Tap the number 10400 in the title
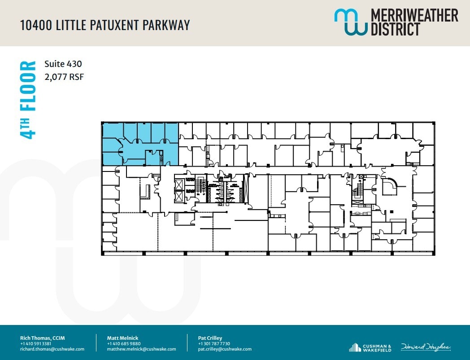[35, 25]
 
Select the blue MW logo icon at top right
[350, 22]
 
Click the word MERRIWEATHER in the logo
[414, 15]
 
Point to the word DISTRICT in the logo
[395, 29]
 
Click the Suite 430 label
[63, 64]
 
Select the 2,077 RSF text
[64, 77]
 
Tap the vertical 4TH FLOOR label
[28, 100]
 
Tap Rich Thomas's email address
[52, 349]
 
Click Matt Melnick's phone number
[121, 343]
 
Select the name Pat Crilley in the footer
[210, 338]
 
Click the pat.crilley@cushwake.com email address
[225, 349]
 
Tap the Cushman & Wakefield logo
[370, 347]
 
